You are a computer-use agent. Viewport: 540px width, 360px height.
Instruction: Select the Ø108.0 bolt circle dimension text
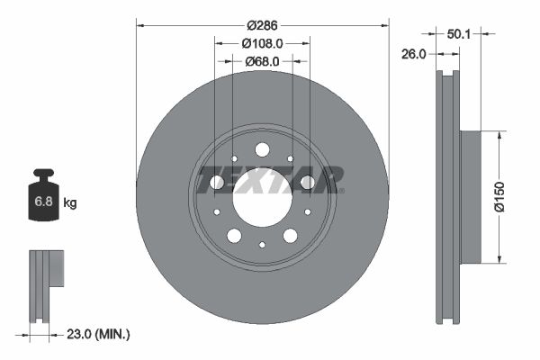(x=262, y=42)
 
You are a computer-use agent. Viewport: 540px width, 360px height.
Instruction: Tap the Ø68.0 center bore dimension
(x=262, y=61)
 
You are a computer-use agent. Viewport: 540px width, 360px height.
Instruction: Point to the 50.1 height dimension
(x=459, y=33)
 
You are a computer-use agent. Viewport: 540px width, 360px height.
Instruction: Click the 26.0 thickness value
(x=413, y=54)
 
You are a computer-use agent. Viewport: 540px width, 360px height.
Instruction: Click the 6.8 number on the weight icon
(x=43, y=202)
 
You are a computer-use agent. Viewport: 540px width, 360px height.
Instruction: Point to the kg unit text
(x=70, y=203)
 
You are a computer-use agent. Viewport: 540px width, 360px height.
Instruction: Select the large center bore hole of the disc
(x=262, y=197)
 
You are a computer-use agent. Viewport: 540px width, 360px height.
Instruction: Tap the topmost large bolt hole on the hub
(x=262, y=149)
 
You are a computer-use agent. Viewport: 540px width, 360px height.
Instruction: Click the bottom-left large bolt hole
(x=234, y=236)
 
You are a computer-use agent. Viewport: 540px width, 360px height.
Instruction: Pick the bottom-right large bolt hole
(x=290, y=236)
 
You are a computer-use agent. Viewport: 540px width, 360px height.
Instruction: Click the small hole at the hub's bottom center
(x=262, y=245)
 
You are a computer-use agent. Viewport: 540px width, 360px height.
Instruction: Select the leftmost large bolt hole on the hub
(x=217, y=183)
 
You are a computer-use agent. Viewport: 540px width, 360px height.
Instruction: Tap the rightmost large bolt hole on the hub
(x=308, y=183)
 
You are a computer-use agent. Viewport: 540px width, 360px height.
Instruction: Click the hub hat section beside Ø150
(x=471, y=197)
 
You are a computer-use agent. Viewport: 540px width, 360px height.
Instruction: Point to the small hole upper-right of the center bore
(x=290, y=159)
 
